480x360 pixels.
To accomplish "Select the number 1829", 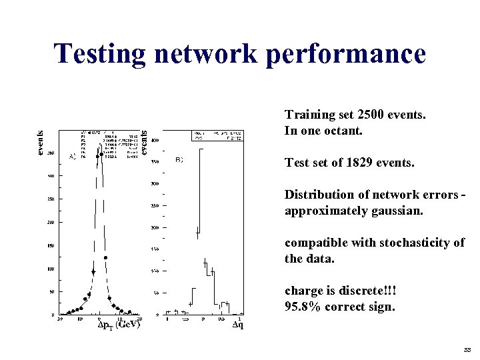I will coord(357,162).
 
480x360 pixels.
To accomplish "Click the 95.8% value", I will coord(301,307).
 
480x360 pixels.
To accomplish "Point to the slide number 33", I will coord(466,349).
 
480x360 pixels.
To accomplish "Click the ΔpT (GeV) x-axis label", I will coord(119,325).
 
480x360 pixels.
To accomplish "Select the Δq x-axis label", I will coord(237,325).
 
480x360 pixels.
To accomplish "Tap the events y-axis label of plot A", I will coord(41,142).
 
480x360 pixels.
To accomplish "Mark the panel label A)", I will coord(73,157).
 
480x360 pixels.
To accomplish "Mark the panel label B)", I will coord(179,159).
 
